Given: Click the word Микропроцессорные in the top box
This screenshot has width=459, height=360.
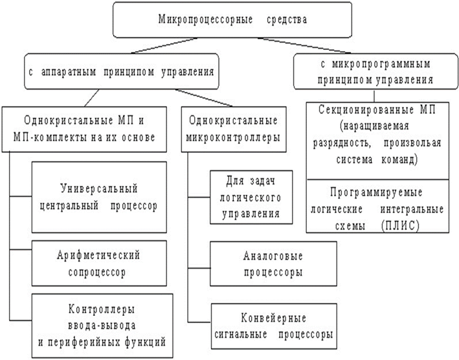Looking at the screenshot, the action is (205, 19).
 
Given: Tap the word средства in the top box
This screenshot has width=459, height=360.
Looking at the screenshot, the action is (287, 19).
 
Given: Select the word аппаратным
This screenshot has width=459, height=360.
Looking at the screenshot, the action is (69, 72).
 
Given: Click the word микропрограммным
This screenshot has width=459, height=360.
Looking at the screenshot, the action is (381, 64).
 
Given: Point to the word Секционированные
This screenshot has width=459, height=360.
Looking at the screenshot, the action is (365, 110).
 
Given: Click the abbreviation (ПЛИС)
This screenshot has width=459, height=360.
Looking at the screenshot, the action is (401, 226).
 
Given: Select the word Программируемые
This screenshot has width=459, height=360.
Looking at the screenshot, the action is (376, 192).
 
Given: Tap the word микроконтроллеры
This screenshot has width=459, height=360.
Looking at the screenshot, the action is (233, 137).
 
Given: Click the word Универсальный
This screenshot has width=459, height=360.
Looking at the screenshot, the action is (99, 188).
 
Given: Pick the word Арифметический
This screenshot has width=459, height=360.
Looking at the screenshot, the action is (98, 256).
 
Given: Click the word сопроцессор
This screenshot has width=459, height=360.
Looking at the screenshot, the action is (97, 272).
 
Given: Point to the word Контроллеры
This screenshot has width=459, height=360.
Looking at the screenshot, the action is (102, 309).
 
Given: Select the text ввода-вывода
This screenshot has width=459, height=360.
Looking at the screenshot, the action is (102, 326).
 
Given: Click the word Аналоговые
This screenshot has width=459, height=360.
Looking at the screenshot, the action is (273, 256).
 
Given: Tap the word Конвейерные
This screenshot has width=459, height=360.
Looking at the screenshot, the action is (273, 318).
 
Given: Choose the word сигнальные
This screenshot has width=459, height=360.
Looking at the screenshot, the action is (241, 334).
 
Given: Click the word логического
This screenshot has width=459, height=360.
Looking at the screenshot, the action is (251, 198).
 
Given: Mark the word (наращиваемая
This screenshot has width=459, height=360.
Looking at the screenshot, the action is (374, 126).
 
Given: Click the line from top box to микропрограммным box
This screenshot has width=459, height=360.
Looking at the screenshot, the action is (304, 46).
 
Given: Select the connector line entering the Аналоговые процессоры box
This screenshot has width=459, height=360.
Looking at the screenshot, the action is (199, 268).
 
